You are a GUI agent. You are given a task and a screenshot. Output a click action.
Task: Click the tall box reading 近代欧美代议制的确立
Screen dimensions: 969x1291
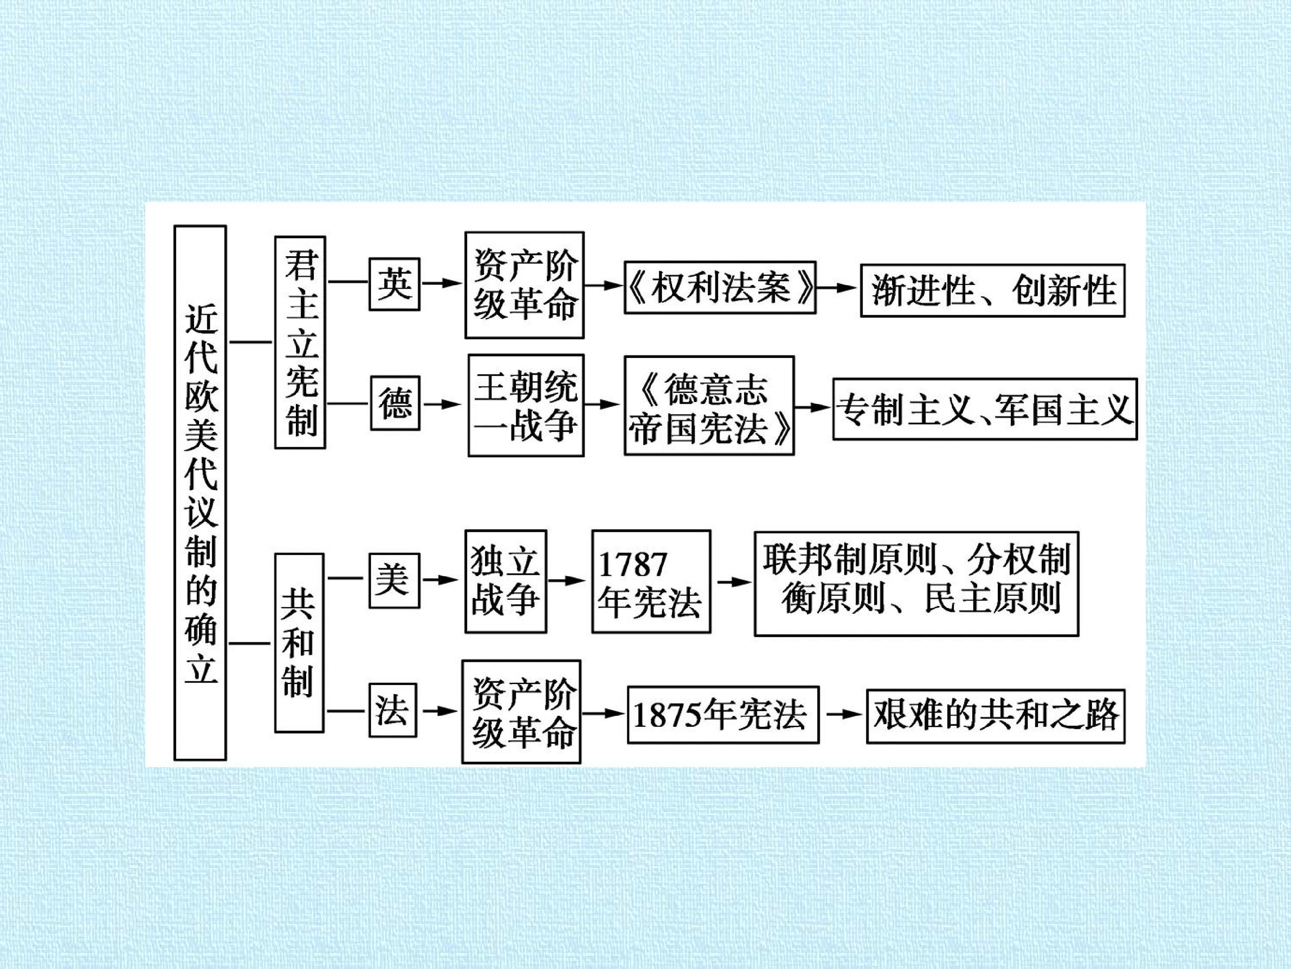(x=200, y=493)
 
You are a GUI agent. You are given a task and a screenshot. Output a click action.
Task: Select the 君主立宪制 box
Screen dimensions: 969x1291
(x=300, y=342)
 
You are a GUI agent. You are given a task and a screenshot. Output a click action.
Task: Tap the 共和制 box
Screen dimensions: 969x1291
(x=299, y=643)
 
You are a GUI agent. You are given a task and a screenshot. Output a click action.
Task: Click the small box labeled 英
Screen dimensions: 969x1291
(x=394, y=284)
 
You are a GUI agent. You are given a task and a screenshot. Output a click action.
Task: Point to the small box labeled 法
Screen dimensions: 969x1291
(x=393, y=710)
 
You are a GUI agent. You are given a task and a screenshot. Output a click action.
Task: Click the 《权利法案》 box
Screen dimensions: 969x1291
(x=719, y=288)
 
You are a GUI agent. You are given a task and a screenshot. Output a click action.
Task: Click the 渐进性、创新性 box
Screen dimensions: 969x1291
(x=992, y=290)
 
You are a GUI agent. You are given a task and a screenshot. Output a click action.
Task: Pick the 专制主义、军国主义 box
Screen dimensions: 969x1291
(x=984, y=409)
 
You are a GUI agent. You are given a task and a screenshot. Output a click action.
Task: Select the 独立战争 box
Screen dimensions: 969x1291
(x=506, y=581)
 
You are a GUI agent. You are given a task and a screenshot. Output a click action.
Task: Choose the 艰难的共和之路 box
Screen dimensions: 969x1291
(x=996, y=716)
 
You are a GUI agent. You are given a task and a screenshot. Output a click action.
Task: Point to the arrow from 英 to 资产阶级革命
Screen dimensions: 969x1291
(x=441, y=283)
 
